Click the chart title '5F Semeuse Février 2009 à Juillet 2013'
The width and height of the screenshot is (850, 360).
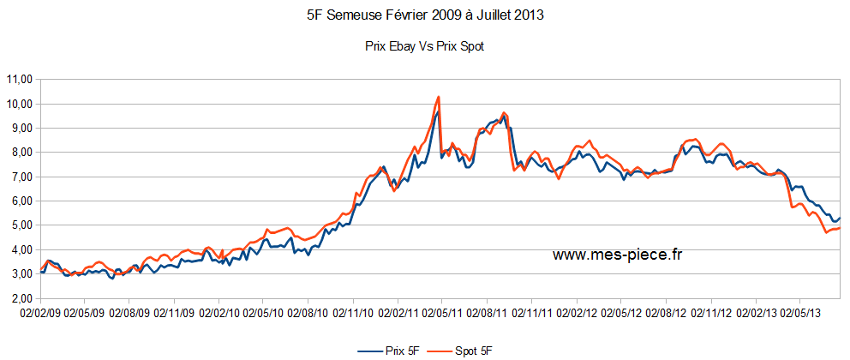click(424, 15)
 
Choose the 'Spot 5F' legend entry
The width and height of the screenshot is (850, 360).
click(468, 351)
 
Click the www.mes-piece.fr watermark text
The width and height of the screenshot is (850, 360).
click(617, 254)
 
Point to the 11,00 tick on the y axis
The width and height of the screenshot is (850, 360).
click(19, 80)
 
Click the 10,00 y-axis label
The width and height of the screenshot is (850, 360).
click(19, 104)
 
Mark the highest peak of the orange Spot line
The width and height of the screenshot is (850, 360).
click(439, 97)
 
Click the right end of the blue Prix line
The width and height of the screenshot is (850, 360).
click(840, 219)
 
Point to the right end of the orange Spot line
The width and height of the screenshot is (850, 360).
click(840, 228)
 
